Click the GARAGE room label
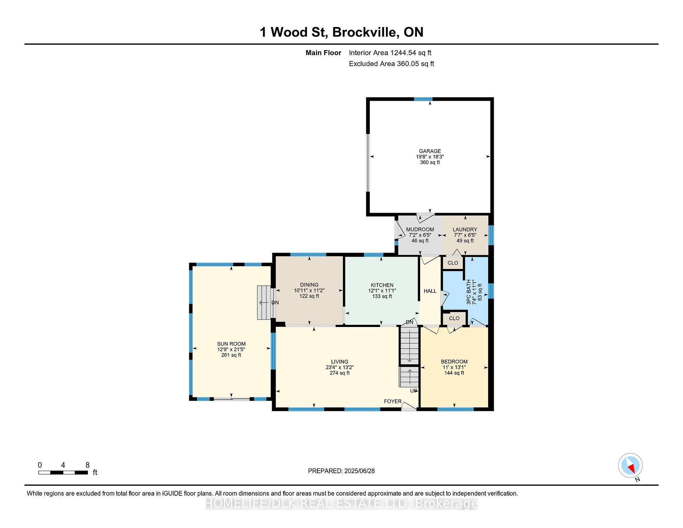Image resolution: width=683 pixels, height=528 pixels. (x=430, y=151)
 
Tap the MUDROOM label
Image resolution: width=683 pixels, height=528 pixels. (x=420, y=229)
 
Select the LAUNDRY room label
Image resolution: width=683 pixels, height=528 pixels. (x=465, y=229)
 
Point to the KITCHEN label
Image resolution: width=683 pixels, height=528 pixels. (x=382, y=285)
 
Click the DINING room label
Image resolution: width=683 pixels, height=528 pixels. (x=309, y=285)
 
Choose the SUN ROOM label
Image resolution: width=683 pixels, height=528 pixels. (x=231, y=344)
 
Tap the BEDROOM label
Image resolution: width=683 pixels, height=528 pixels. (x=454, y=361)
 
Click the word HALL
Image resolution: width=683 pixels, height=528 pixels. (x=430, y=291)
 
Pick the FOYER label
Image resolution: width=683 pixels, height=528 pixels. (x=393, y=401)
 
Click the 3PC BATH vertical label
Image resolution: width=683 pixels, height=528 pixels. (x=469, y=292)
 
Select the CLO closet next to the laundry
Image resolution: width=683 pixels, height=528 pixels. (x=453, y=263)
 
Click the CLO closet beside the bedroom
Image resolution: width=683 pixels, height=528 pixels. (x=454, y=318)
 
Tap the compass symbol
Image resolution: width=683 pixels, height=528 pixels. (x=630, y=465)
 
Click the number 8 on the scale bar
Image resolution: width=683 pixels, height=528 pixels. (x=88, y=465)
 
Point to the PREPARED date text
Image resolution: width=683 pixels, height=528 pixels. (x=341, y=471)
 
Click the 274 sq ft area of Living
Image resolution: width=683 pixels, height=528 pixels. (x=340, y=373)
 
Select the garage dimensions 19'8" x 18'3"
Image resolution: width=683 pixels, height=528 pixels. (x=430, y=157)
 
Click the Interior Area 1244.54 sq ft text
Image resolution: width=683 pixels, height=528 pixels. (x=390, y=53)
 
